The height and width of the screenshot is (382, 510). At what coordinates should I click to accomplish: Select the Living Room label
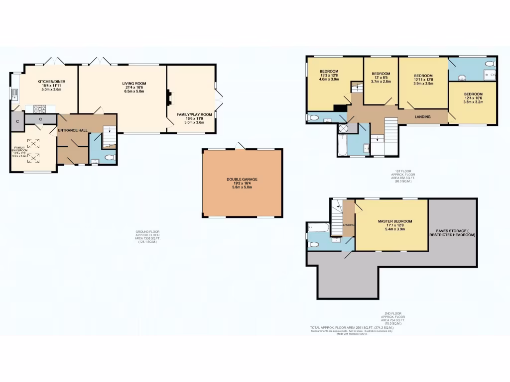[x=134, y=83]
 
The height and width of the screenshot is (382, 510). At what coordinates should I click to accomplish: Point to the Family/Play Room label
[x=194, y=114]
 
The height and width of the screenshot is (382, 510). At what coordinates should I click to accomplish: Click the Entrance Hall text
[x=73, y=130]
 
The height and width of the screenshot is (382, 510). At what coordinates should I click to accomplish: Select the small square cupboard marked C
[x=17, y=121]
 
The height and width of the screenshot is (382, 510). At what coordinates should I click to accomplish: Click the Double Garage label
[x=242, y=180]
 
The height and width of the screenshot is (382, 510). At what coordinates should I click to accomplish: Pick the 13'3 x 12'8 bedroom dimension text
[x=329, y=75]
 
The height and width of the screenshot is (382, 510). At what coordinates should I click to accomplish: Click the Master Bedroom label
[x=394, y=221]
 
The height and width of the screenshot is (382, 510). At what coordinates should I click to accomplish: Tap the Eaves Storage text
[x=452, y=231]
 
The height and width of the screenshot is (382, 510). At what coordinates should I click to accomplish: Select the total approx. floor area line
[x=352, y=328]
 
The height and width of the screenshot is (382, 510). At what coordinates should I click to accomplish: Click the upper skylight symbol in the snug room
[x=35, y=143]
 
